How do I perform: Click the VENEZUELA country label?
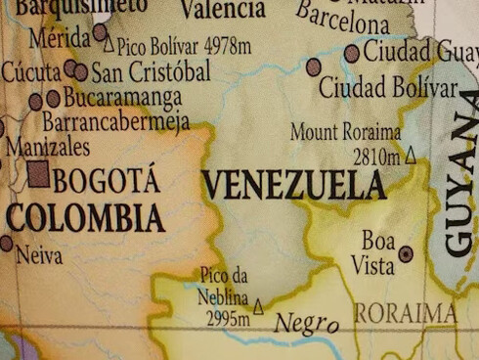click(293, 184)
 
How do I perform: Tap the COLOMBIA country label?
click(86, 217)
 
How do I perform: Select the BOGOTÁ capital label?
click(107, 180)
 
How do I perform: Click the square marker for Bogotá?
click(38, 175)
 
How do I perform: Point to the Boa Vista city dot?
click(406, 253)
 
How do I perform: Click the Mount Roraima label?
click(346, 131)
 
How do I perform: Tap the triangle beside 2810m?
click(411, 155)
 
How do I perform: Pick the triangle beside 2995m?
click(258, 308)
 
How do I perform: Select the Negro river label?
click(306, 323)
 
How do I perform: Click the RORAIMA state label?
click(405, 313)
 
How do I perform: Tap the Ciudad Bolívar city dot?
click(314, 67)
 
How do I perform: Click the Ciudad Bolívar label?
click(388, 88)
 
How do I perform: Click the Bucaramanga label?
click(122, 98)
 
